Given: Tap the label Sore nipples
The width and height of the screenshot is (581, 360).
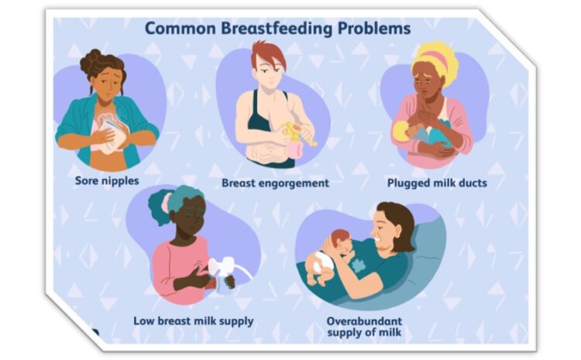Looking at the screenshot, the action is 107,181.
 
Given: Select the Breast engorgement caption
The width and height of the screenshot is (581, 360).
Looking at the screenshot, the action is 275,183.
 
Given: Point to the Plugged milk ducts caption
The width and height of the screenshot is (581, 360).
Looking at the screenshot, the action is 437,183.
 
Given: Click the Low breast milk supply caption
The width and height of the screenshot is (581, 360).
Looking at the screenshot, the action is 194,321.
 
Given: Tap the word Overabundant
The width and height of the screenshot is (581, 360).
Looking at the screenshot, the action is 364,321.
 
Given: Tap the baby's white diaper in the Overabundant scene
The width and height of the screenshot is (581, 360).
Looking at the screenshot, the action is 321,262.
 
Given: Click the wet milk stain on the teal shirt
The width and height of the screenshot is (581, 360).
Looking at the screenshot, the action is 359,266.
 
